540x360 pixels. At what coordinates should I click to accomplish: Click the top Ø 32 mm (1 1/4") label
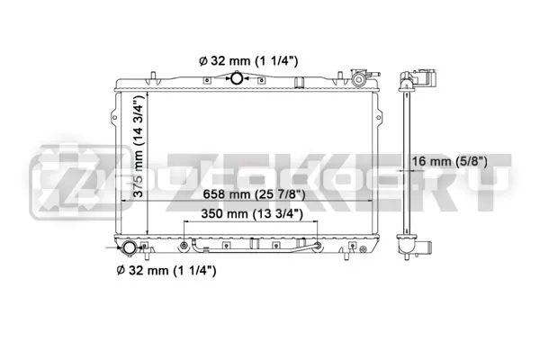248,61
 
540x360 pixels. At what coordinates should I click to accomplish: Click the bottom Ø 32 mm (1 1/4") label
166,270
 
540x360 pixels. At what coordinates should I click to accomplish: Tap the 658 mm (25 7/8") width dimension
254,194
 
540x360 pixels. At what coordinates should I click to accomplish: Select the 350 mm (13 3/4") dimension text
252,214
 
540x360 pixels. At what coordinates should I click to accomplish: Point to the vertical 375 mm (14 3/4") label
138,146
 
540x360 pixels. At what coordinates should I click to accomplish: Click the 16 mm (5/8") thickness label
449,161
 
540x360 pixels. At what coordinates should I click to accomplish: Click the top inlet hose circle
237,78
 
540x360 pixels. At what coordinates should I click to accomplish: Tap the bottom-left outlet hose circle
129,248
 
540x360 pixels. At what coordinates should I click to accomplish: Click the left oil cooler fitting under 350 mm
184,246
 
